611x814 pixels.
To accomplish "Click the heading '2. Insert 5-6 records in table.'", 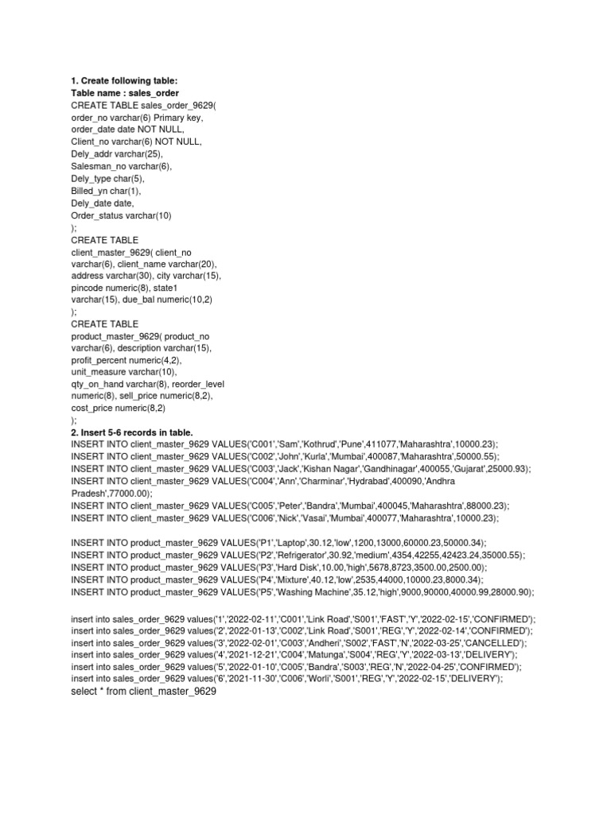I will (x=132, y=432).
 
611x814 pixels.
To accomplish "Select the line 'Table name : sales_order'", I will (x=125, y=93).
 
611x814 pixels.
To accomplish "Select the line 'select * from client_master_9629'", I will (x=143, y=692).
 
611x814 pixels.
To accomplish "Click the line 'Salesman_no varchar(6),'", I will (x=121, y=167).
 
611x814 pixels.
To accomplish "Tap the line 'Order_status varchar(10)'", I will (x=121, y=215).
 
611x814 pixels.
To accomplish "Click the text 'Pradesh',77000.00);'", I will (x=111, y=493).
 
